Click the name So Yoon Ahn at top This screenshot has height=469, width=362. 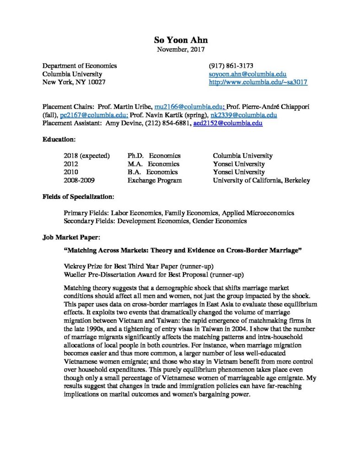pos(181,39)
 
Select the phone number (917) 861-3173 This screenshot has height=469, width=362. pos(231,65)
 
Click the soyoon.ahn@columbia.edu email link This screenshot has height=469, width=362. pos(248,74)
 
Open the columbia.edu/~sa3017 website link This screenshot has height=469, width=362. pos(258,82)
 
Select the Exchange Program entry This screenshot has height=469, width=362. pos(154,180)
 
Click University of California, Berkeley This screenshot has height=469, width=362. pos(261,180)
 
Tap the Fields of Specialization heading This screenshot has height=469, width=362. pos(78,196)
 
